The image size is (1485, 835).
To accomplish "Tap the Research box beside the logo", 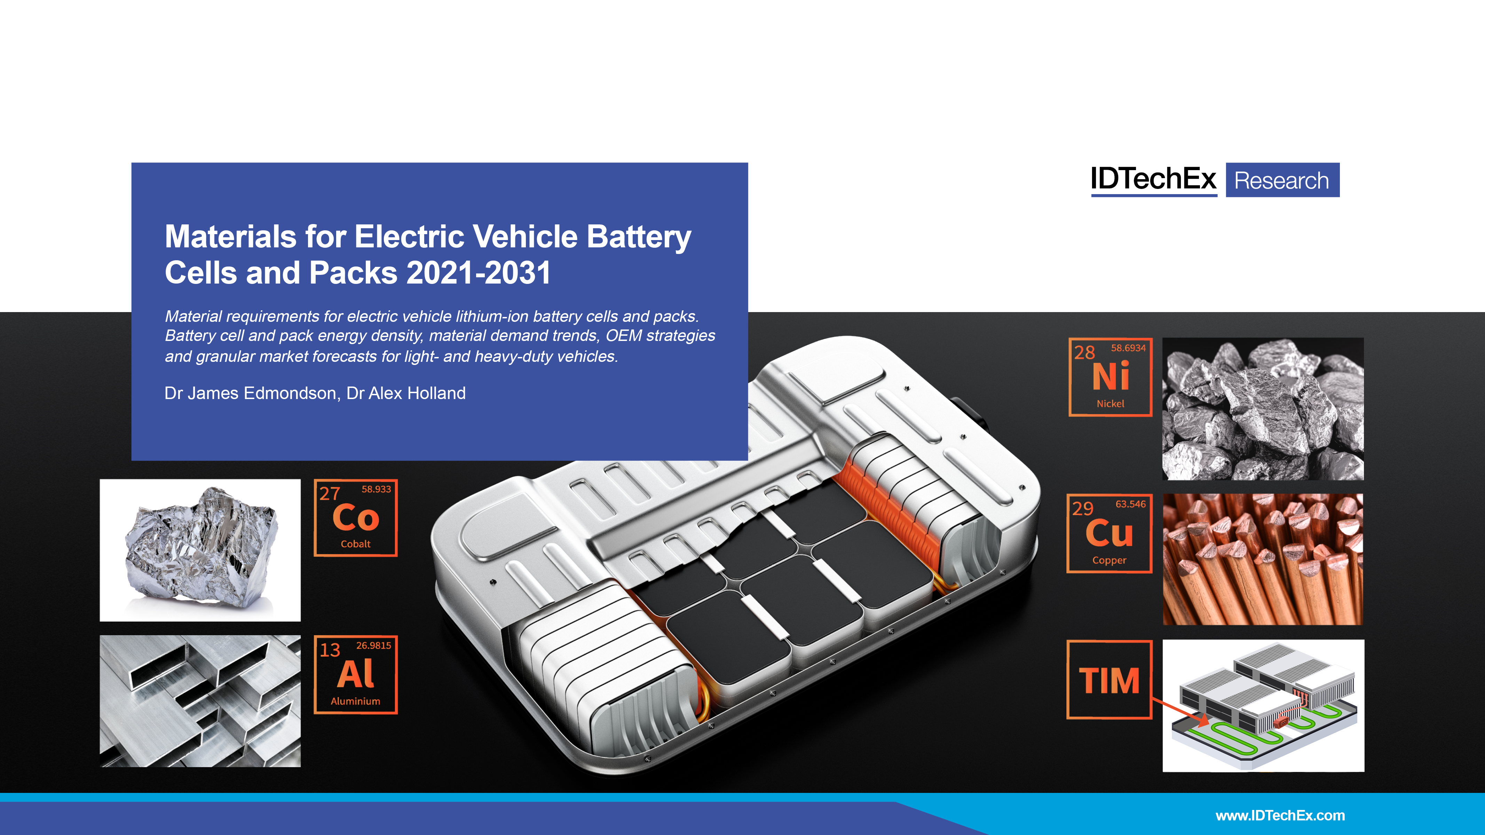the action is (x=1282, y=180).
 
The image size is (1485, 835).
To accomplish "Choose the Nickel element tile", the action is (x=1110, y=377).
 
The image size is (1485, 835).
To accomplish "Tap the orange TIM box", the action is (x=1109, y=679).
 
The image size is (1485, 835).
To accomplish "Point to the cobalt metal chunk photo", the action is (x=200, y=550).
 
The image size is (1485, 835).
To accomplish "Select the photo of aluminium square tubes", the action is (x=200, y=701).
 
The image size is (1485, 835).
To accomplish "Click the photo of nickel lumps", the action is (x=1263, y=408).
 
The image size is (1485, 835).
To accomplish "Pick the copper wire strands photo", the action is (x=1263, y=559).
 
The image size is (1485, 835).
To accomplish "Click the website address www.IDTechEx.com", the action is (x=1280, y=816).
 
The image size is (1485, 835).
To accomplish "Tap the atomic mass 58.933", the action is (x=376, y=489).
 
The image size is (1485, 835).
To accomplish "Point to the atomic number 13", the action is (x=330, y=650).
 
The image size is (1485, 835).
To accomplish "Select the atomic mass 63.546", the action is (x=1130, y=504).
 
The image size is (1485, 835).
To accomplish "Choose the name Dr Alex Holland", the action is (x=406, y=393).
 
